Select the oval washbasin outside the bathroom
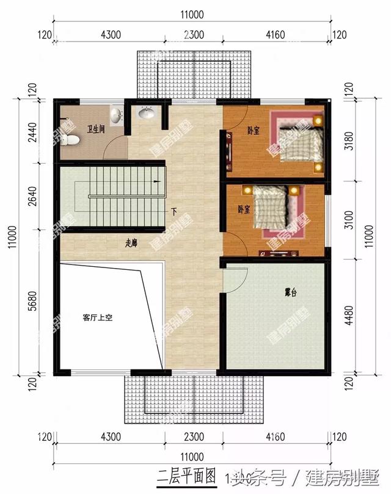[x=146, y=113]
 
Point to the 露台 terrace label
[x=290, y=292]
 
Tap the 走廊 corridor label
[x=131, y=242]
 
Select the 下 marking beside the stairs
[x=174, y=212]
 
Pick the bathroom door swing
[x=116, y=147]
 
